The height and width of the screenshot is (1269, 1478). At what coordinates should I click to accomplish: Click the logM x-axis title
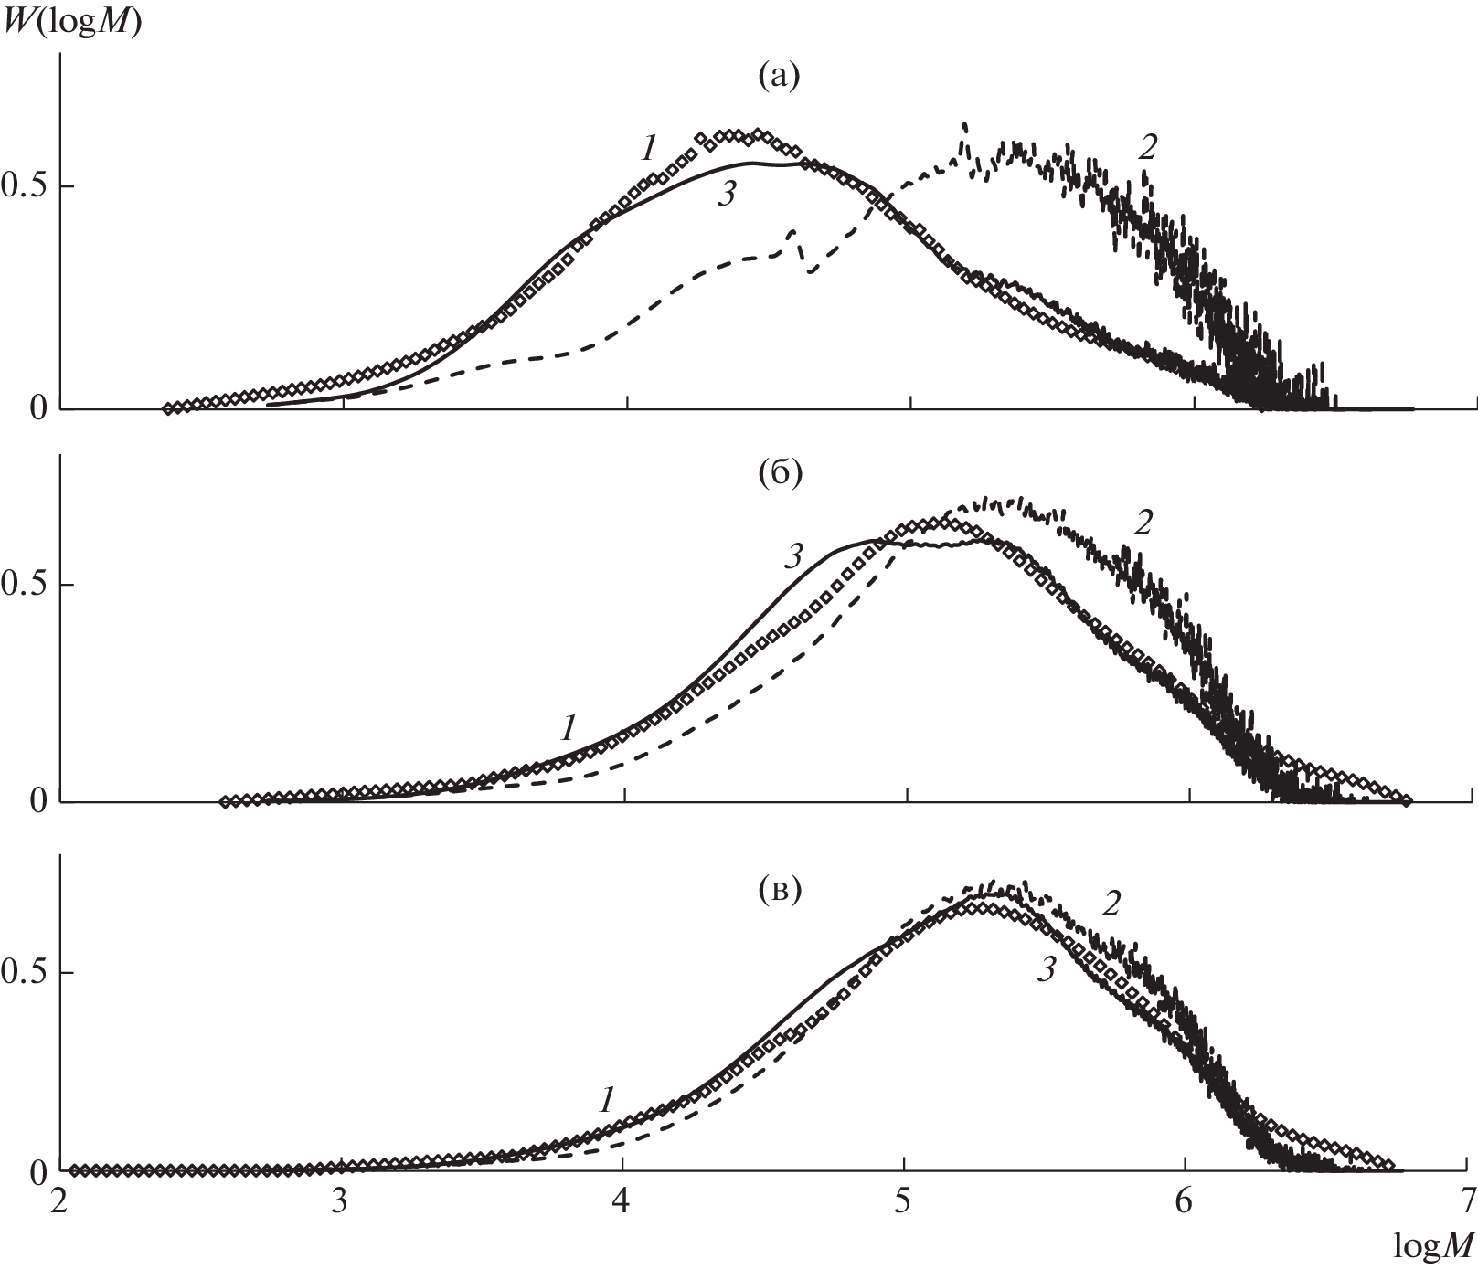[1434, 1243]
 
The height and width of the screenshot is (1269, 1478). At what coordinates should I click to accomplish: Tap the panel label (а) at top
[779, 77]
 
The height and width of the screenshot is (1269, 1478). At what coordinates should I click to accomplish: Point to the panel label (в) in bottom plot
[779, 891]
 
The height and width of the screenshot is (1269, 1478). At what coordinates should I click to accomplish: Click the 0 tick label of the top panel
[37, 408]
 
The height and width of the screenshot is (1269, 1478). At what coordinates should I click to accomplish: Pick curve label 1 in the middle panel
[569, 728]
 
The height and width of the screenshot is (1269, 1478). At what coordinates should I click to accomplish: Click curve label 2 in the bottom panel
[1111, 904]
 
